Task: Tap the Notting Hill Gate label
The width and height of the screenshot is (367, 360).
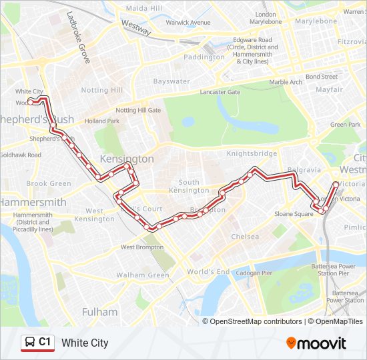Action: [x=138, y=110]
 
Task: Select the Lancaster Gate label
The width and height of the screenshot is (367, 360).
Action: [x=220, y=92]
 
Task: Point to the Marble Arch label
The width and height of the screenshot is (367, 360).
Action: [x=286, y=82]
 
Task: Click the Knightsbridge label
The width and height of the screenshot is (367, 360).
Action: [x=252, y=153]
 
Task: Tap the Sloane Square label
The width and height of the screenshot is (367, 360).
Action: [x=294, y=214]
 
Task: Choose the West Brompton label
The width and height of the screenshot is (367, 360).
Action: [x=141, y=247]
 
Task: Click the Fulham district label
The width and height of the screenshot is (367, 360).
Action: [x=99, y=311]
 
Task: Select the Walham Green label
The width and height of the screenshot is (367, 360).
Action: [x=143, y=275]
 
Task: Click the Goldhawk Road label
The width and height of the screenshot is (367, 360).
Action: [x=20, y=155]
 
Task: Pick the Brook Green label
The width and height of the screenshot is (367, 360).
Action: [x=49, y=183]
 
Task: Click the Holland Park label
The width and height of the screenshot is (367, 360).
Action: [x=102, y=121]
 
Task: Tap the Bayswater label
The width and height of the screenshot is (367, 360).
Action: [x=171, y=81]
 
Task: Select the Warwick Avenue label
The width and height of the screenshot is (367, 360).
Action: [x=188, y=22]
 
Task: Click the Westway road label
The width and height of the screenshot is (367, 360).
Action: [x=136, y=27]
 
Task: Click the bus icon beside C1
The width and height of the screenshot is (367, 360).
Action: [x=30, y=342]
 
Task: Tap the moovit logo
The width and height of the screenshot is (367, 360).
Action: [x=316, y=343]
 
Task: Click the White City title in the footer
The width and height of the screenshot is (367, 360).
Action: [x=85, y=343]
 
